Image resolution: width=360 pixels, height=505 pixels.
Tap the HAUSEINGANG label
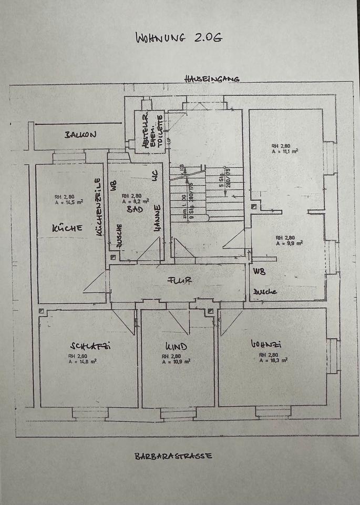(x=211, y=79)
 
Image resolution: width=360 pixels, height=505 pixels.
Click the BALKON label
(x=80, y=134)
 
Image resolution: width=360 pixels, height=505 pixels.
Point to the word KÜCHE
(x=67, y=228)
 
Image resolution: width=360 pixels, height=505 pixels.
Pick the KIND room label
(x=176, y=347)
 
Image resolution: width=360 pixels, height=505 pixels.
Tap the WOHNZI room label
(x=266, y=345)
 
